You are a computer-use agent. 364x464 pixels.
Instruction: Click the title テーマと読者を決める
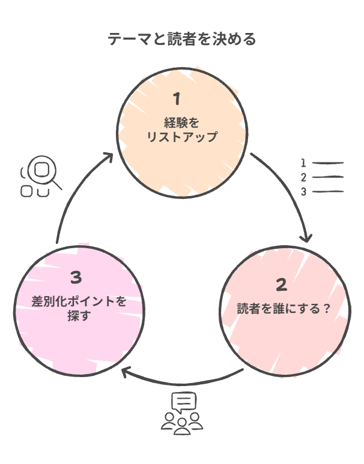click(182, 40)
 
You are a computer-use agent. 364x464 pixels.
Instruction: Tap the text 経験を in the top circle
click(181, 123)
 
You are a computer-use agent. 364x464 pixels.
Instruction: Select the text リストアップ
click(181, 137)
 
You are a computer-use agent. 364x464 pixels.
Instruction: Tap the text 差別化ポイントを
click(79, 302)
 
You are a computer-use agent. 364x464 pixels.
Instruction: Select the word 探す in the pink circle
click(79, 315)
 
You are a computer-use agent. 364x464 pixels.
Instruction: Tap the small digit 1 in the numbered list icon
click(304, 162)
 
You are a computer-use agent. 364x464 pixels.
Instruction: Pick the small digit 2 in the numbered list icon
click(304, 177)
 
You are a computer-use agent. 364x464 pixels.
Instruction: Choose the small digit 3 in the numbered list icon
click(304, 192)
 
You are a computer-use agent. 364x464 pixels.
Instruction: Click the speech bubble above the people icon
click(183, 401)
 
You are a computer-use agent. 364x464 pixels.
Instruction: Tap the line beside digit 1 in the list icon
click(328, 162)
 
